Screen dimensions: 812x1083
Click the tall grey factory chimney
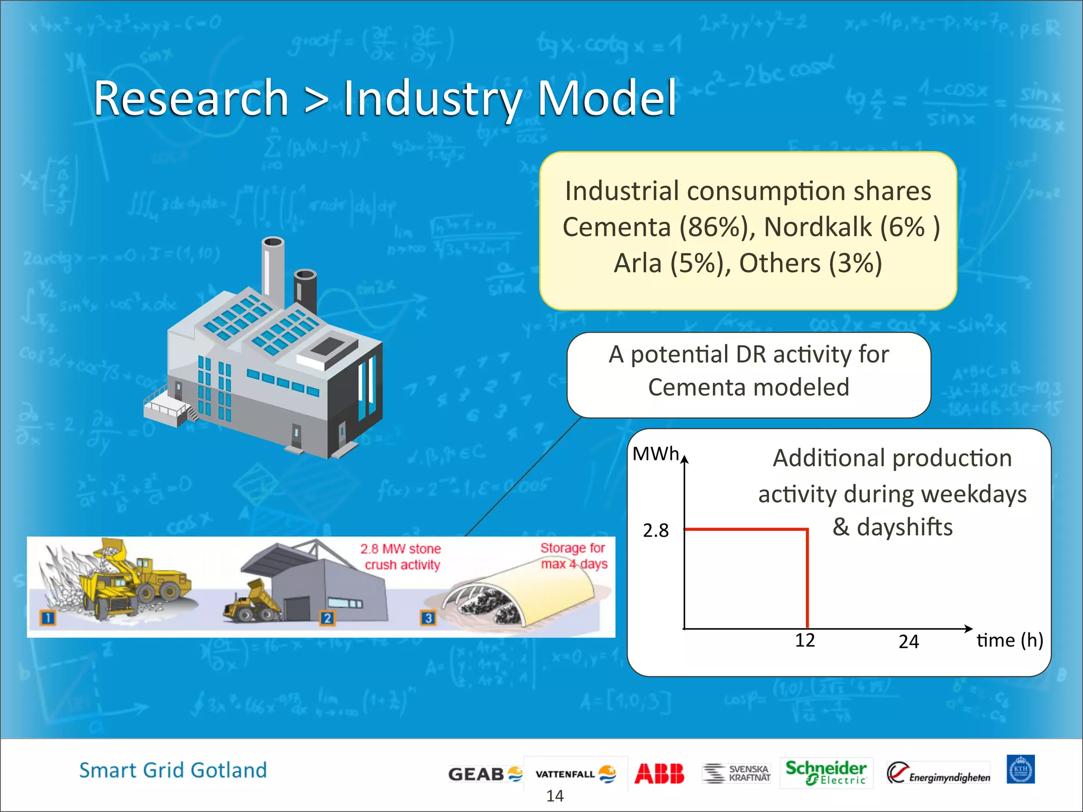click(273, 270)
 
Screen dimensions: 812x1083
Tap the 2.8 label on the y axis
click(656, 530)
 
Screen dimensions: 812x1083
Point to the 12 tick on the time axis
click(805, 640)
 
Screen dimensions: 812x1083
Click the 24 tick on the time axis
click(908, 642)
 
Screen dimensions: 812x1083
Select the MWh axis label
click(656, 454)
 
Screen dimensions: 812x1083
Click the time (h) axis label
click(1009, 640)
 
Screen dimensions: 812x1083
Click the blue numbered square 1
click(48, 617)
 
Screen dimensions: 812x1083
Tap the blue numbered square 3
click(428, 617)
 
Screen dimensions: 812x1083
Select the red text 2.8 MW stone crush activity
click(401, 557)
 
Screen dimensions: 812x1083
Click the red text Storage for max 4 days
click(574, 556)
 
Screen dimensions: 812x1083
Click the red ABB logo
click(659, 773)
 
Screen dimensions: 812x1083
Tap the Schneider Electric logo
click(825, 772)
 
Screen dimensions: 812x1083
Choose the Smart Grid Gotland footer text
click(173, 770)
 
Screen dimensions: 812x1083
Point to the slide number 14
click(555, 796)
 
